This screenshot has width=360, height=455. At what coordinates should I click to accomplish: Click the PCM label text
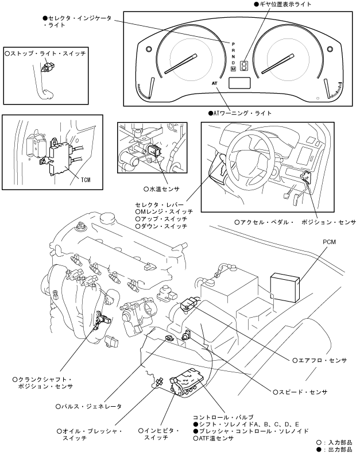(x=330, y=243)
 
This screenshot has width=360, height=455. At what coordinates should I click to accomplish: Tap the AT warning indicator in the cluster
(x=216, y=83)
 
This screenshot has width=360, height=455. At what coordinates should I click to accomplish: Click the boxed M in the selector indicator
(x=234, y=69)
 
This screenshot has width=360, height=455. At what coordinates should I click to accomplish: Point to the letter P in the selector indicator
(x=234, y=44)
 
